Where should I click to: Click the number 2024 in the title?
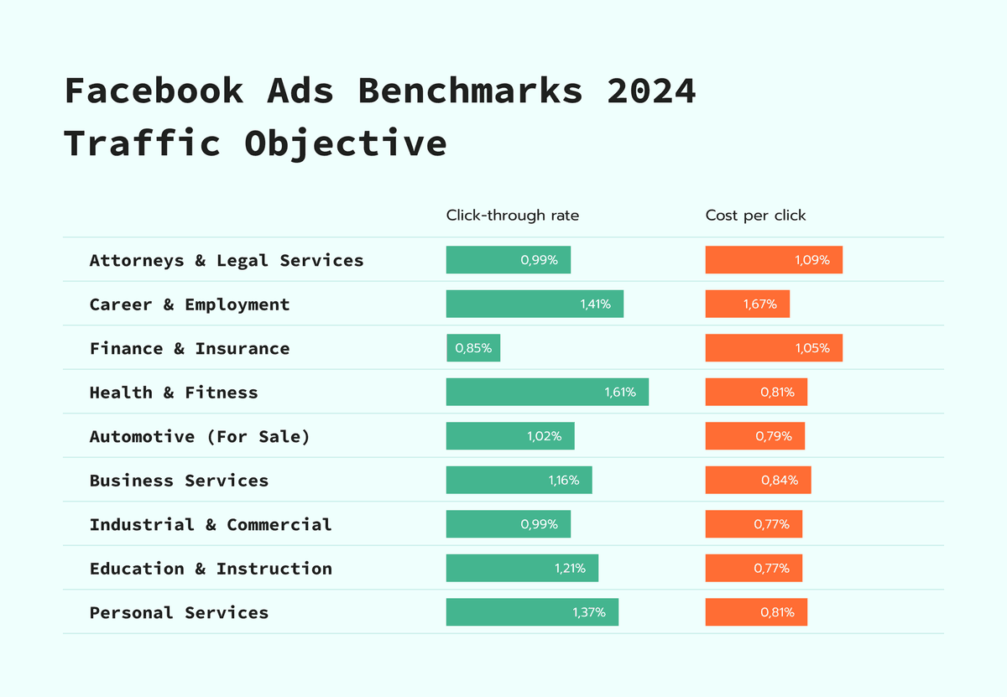[651, 91]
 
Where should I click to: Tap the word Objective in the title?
[346, 143]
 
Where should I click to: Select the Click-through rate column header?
[512, 216]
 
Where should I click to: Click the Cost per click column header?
[755, 216]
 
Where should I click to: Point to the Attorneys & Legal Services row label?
[227, 260]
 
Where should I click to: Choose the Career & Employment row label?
[190, 304]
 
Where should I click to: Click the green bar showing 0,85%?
[473, 348]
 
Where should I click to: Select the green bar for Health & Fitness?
[547, 392]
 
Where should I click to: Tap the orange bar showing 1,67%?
[747, 304]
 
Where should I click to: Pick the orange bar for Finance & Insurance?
[773, 348]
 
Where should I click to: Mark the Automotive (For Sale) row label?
[200, 436]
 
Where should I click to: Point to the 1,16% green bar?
[519, 480]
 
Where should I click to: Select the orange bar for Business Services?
[758, 480]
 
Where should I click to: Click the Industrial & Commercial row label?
[211, 524]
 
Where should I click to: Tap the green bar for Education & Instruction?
[522, 568]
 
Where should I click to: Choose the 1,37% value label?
[588, 612]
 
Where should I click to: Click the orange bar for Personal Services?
[755, 612]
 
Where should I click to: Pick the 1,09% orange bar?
[773, 260]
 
